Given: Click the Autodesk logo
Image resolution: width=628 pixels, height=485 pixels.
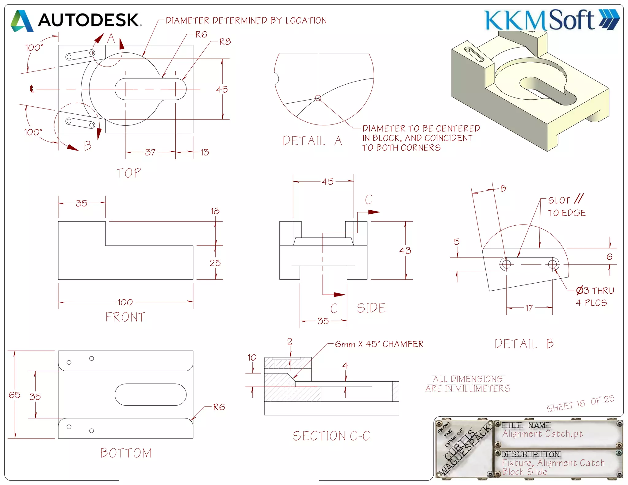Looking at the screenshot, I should pos(76,20).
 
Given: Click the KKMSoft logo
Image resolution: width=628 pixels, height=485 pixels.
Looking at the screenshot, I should pos(551,20).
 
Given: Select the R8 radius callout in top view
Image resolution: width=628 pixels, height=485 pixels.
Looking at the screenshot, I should pos(225,42).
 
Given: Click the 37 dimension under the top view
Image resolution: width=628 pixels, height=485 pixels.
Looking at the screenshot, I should pos(150,152).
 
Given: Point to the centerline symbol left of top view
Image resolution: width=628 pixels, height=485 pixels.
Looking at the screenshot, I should pos(31,89).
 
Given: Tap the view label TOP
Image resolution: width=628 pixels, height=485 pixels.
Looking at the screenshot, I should pos(129,173).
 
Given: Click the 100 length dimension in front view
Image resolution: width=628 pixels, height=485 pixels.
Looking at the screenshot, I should pos(125,302).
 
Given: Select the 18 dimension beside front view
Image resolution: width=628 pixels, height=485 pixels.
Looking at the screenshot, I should pos(215,211).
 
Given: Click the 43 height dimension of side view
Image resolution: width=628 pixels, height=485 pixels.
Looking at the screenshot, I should pos(405,251).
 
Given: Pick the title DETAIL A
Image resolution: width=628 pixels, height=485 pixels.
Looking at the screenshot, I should pos(312,141).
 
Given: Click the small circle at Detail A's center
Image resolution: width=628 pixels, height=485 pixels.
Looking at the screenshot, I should pos(318,98).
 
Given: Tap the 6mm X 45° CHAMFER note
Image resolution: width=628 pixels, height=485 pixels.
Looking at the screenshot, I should pos(379,344).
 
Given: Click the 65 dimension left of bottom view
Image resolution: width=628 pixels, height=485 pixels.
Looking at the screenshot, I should pos(14,395).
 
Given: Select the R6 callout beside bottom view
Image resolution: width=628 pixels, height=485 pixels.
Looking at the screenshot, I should pos(219,407).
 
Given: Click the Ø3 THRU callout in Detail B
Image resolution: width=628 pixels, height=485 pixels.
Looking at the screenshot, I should pos(595,290).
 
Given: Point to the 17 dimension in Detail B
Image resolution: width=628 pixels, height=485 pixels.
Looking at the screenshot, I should pos(529,308).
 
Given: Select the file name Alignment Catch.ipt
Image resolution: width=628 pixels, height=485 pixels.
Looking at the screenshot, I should pos(542,434).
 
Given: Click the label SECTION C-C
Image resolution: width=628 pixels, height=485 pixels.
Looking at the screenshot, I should pos(331,436).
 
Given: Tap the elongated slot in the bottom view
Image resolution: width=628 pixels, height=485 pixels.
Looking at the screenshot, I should pos(150,395).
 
